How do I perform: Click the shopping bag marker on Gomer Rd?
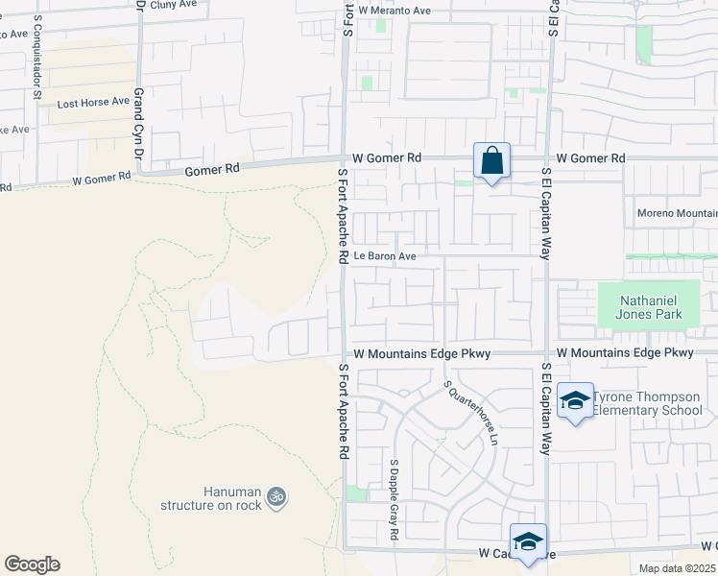[x=491, y=161]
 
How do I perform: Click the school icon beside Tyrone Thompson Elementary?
[x=574, y=402]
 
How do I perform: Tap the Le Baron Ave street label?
[x=384, y=256]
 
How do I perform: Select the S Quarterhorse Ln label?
[x=471, y=413]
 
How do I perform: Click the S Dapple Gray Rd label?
[x=394, y=498]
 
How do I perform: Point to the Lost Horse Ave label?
[x=93, y=101]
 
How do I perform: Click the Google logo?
[x=32, y=564]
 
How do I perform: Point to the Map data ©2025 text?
[x=678, y=568]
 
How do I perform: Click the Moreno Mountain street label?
[x=677, y=212]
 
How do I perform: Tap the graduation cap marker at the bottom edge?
[x=527, y=541]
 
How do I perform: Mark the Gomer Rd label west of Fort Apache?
[x=212, y=169]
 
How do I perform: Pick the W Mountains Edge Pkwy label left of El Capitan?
[x=421, y=353]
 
